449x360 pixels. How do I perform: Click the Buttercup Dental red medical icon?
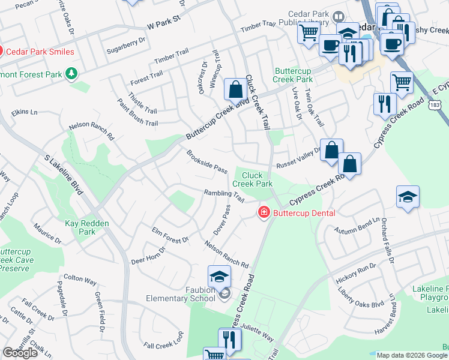(264, 213)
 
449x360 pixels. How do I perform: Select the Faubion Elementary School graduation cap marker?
(219, 277)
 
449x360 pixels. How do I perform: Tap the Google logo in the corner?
(20, 353)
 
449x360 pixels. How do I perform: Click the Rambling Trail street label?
(224, 196)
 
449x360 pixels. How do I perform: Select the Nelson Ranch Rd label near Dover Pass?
(226, 255)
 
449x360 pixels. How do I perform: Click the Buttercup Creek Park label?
(293, 75)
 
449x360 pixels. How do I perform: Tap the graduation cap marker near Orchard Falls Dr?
(407, 197)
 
